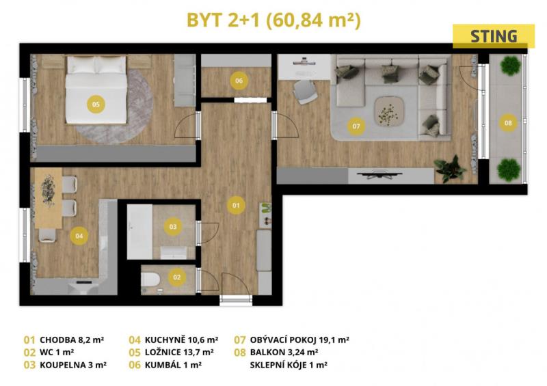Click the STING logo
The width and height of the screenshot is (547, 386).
point(493,36)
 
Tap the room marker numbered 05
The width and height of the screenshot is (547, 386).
point(96,104)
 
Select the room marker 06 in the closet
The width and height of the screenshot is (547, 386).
point(239,81)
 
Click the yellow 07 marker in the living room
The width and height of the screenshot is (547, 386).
point(356,126)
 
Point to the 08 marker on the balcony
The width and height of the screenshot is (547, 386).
point(508,123)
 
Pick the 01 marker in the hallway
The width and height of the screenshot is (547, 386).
point(236,205)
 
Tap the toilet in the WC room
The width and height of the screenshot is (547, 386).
point(150,280)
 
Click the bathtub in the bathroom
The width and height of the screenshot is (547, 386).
point(139,232)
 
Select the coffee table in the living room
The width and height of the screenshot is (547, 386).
point(389,111)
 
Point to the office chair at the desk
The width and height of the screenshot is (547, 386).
point(304,92)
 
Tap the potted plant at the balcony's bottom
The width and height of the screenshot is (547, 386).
point(509,170)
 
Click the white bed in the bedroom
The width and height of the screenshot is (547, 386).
point(96,89)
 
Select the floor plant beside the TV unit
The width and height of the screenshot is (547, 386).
point(451,169)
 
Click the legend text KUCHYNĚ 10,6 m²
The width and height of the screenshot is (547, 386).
point(181,340)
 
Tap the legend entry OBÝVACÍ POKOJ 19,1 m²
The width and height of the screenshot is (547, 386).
point(299,340)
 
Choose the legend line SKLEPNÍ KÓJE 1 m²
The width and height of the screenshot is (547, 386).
point(289,365)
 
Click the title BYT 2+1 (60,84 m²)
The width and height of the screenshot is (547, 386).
point(274,20)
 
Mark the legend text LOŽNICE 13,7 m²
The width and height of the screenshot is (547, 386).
point(179,353)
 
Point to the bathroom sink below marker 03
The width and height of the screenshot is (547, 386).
point(174,253)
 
